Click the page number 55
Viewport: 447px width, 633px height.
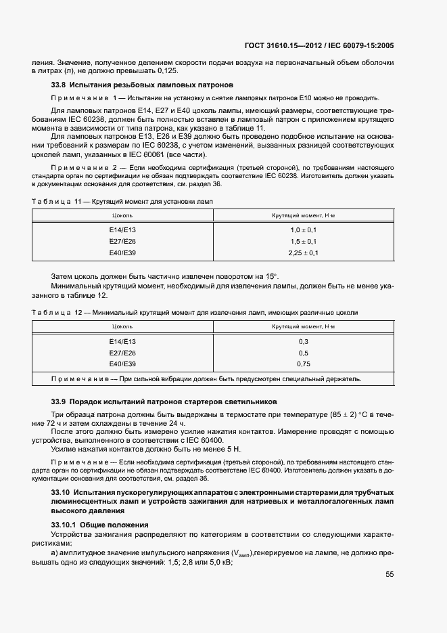(x=389, y=575)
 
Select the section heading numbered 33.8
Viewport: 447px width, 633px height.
(x=142, y=85)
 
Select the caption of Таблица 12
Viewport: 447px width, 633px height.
(x=195, y=312)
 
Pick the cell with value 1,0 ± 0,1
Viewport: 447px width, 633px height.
(x=304, y=230)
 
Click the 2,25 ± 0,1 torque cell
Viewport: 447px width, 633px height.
(x=304, y=253)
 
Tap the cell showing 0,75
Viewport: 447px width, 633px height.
(x=304, y=364)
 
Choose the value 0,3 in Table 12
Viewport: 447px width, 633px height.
(x=304, y=341)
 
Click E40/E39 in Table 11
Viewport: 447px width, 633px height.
(x=122, y=253)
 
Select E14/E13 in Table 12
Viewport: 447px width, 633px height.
(x=122, y=341)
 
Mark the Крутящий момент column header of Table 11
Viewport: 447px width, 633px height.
(x=304, y=215)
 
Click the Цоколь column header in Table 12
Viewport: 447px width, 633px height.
(x=122, y=326)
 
